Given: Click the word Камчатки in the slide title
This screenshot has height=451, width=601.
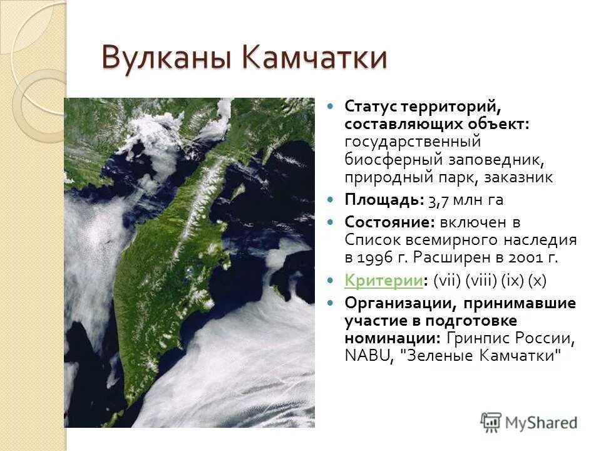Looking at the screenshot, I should (x=315, y=58).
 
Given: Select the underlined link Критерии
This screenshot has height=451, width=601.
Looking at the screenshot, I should (x=384, y=281).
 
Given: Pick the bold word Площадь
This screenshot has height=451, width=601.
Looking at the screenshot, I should (x=383, y=200).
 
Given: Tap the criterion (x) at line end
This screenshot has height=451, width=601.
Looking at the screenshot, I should (x=537, y=281).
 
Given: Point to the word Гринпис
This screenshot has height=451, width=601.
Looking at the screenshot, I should (x=480, y=338).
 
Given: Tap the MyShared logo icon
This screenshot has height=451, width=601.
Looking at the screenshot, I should (x=491, y=421).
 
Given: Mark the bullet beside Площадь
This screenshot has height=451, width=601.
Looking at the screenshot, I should (x=332, y=200).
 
